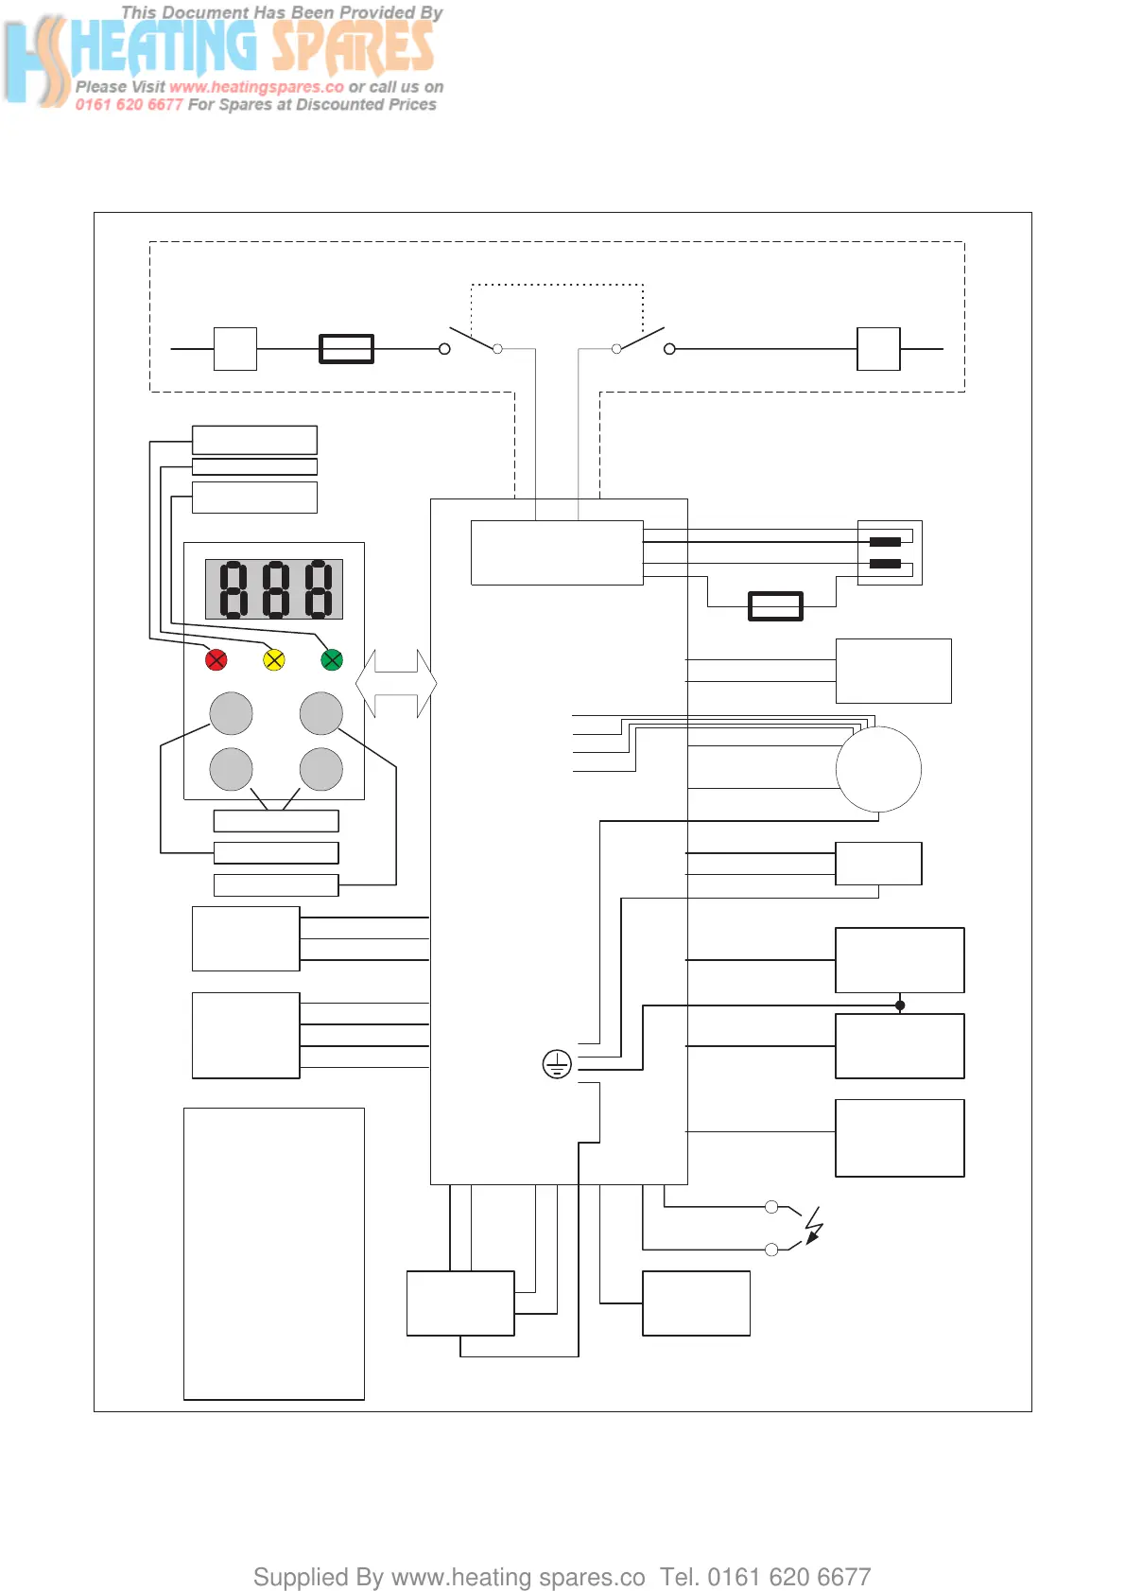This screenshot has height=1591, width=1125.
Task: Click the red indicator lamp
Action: coord(216,659)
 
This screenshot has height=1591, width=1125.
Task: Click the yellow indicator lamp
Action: coord(274,659)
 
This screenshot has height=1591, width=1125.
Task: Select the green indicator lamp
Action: coord(332,659)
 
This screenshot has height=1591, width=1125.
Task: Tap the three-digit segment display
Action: coord(274,589)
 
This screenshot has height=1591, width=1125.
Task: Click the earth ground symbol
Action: coord(557,1064)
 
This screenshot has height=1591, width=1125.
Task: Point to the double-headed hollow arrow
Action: coord(396,683)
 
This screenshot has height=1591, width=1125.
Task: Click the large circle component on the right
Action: coord(878,769)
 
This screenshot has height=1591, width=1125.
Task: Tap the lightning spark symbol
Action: coord(814,1226)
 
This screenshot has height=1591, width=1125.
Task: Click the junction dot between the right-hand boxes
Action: coord(900,1005)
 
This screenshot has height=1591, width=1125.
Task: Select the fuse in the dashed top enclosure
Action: coord(347,349)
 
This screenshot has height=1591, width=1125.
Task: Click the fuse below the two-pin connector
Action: coord(775,606)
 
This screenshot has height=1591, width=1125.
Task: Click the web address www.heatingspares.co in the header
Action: coord(256,87)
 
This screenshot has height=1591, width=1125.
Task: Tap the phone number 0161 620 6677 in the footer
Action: coord(789,1577)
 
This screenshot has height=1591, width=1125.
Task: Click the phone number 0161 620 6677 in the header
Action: coord(129,105)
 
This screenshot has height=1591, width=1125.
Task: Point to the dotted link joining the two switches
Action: coord(557,285)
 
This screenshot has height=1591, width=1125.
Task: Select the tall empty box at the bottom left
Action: coord(274,1253)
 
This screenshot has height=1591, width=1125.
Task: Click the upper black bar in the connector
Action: coord(885,542)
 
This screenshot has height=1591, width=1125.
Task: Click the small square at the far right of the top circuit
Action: coord(878,349)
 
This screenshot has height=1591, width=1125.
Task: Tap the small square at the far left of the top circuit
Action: coord(235,349)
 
